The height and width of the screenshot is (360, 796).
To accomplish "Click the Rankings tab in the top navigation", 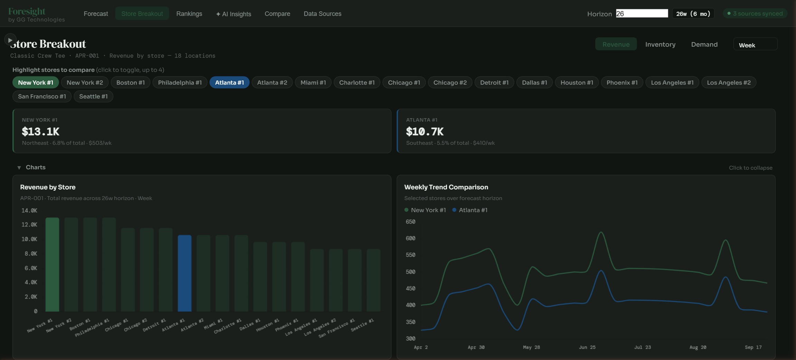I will point(189,14).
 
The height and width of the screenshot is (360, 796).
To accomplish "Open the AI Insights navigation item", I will point(234,14).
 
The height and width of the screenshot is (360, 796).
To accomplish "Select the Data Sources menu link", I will point(322,14).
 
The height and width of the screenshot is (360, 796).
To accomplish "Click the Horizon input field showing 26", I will point(642,13).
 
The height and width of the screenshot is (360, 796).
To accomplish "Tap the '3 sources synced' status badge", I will point(755,13).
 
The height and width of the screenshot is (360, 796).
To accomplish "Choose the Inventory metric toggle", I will point(660,44).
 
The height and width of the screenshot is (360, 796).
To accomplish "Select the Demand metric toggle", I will point(704,44).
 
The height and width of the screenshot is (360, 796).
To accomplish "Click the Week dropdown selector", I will point(755,45).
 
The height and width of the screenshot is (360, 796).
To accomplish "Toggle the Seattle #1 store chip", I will point(93,96).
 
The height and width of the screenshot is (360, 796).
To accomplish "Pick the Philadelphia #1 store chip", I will point(180,83).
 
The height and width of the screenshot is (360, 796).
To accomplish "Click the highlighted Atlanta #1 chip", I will point(229,83).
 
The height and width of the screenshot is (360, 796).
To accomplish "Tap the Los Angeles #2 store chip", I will point(728,83).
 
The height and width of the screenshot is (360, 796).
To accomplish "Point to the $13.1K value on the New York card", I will point(40,132).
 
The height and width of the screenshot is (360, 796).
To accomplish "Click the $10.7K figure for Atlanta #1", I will point(425,132).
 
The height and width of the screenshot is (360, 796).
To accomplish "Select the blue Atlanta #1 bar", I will point(184,273).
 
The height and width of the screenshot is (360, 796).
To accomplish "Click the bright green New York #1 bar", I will point(52,264).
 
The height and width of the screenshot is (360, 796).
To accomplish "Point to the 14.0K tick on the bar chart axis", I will point(29,210).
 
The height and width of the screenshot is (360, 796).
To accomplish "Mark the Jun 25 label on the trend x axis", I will point(587,347).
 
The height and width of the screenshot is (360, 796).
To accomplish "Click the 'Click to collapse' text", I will point(750,168).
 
